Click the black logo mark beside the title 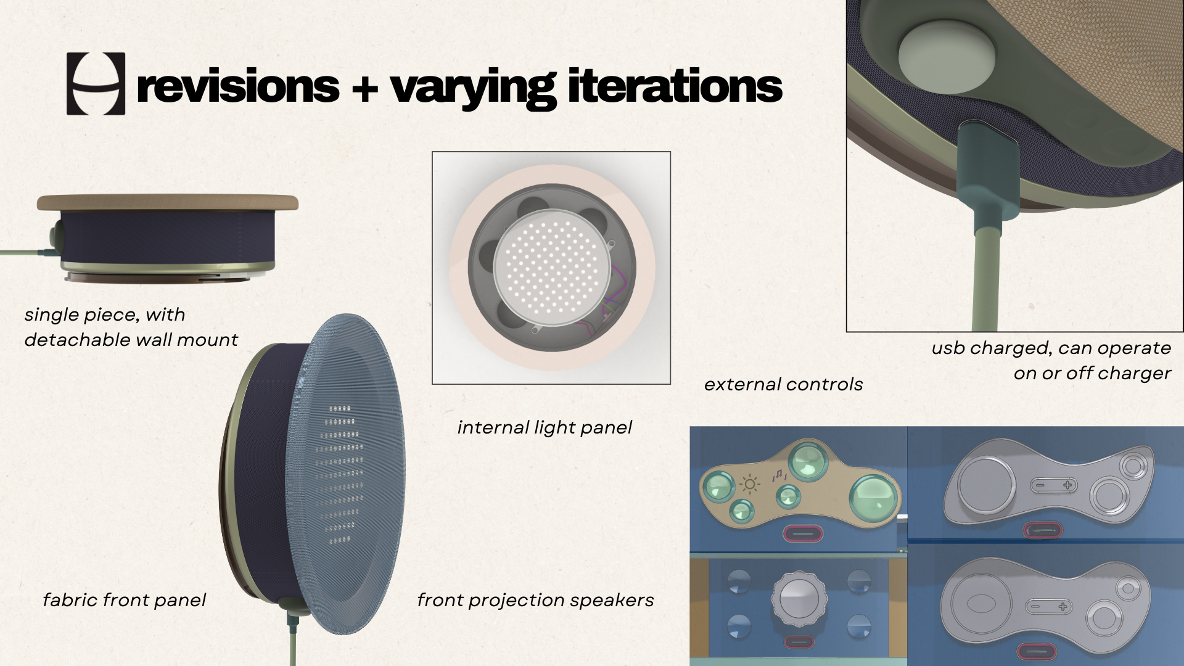(x=96, y=84)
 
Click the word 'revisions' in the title (x=238, y=86)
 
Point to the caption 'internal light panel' (x=545, y=427)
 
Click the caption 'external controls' (x=783, y=384)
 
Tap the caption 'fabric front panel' (x=124, y=600)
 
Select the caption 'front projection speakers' (x=535, y=600)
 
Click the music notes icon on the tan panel (x=779, y=475)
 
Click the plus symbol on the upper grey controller (x=1067, y=485)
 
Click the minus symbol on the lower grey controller (x=1035, y=607)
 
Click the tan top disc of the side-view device (x=168, y=202)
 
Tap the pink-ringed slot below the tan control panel (x=802, y=533)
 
